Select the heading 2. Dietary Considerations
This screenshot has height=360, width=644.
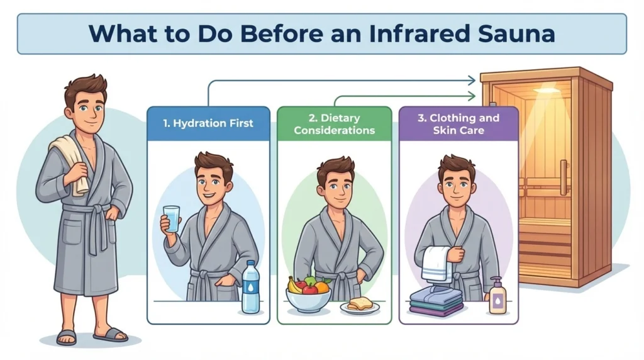(334, 124)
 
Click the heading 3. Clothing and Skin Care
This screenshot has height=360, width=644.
(458, 124)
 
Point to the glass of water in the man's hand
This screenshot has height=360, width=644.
(170, 218)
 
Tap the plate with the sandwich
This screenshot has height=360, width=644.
(360, 307)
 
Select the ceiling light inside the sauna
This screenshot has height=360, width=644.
(545, 91)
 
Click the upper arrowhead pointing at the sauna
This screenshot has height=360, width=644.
(472, 80)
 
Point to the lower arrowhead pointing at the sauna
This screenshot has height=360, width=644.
(472, 96)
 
